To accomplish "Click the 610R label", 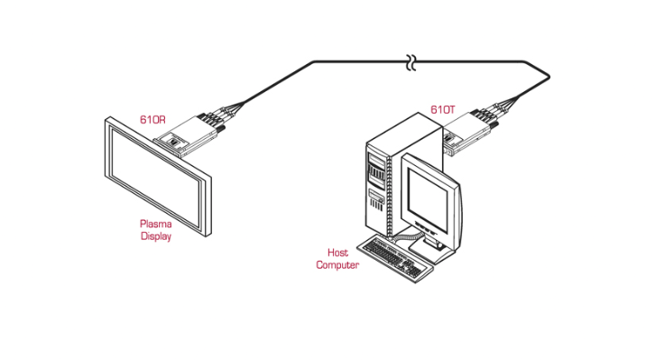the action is [152, 120].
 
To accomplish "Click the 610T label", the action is [443, 110].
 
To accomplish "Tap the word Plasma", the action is [155, 224].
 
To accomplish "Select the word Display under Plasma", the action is [156, 236].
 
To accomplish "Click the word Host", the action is [337, 253].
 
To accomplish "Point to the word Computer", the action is [337, 265].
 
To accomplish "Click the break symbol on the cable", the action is [411, 62].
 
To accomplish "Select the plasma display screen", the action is [158, 177].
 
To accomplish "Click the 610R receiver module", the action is [187, 135].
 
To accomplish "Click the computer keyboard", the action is [395, 259].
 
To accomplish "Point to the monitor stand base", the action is [430, 252].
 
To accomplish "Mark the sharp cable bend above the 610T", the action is [549, 77].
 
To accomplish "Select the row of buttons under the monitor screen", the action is [425, 228].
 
